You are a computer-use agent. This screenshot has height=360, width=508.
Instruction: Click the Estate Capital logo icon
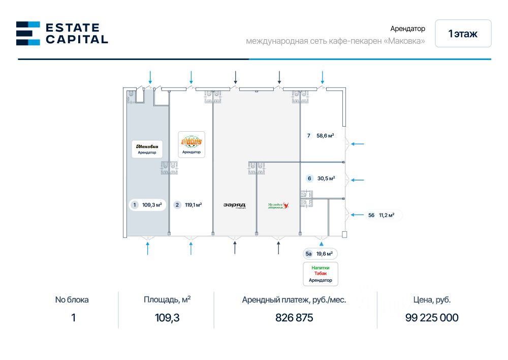[28, 33]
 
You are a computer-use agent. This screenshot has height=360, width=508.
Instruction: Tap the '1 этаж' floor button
[463, 34]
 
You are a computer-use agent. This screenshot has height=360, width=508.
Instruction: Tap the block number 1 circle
[135, 205]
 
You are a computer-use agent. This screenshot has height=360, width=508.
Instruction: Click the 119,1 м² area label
[194, 205]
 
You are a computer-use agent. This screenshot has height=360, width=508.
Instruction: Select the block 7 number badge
[308, 136]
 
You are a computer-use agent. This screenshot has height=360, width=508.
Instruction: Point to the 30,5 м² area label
[326, 178]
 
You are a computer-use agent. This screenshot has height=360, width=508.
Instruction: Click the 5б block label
[371, 215]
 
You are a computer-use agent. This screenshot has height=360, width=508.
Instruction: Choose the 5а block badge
[308, 253]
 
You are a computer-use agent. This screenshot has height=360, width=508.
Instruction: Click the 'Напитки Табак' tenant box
[320, 274]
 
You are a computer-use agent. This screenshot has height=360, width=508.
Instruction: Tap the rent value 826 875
[294, 318]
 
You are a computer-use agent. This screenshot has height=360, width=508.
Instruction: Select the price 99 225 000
[432, 318]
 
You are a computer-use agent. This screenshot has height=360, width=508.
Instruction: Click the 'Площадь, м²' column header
[167, 299]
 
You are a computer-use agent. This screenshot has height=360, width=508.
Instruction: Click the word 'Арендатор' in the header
[407, 29]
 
